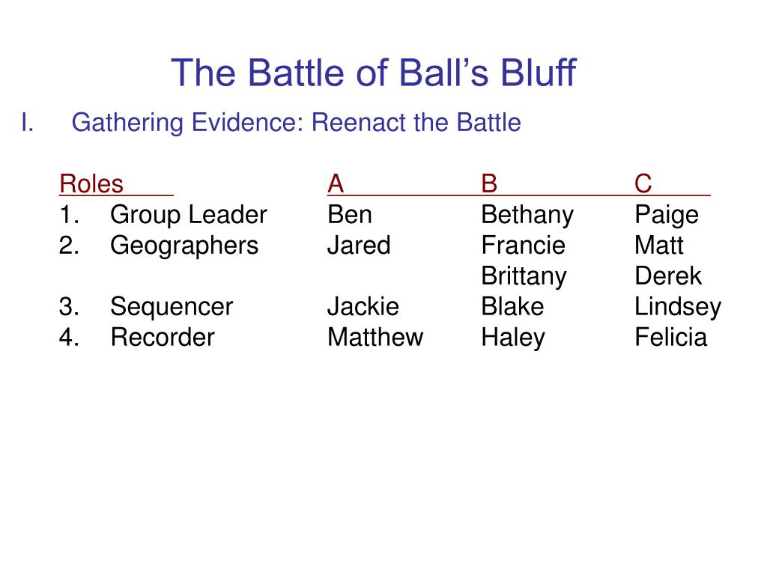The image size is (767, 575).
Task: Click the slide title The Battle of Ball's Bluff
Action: click(x=374, y=73)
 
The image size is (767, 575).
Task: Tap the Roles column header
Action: click(x=91, y=183)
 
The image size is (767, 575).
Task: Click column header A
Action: click(x=336, y=183)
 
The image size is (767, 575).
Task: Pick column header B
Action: click(x=489, y=183)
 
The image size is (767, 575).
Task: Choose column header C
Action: click(x=643, y=183)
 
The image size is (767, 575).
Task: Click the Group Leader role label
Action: click(x=188, y=215)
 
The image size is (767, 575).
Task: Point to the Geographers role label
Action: click(x=184, y=246)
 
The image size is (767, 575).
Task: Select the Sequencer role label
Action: click(x=172, y=306)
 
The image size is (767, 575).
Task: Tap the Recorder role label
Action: click(x=162, y=337)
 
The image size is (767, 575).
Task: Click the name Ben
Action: click(x=350, y=215)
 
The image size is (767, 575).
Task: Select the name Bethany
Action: click(x=527, y=215)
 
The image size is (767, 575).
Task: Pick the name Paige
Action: click(x=667, y=215)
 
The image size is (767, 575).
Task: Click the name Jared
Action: click(x=359, y=246)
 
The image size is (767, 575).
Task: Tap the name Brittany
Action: click(x=524, y=276)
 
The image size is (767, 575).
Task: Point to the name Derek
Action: click(x=668, y=276)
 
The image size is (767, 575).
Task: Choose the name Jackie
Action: click(x=363, y=306)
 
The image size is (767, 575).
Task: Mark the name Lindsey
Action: click(x=678, y=306)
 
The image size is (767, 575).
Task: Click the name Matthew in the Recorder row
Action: click(x=375, y=337)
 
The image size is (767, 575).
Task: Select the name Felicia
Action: click(x=670, y=337)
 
